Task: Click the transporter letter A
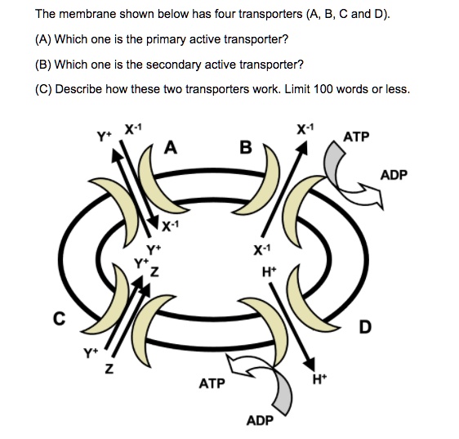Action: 169,148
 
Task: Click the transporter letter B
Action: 246,148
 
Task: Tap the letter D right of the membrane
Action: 364,328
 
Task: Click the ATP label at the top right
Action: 356,137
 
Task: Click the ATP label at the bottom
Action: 212,382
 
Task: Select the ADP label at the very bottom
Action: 259,420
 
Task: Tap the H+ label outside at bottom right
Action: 321,379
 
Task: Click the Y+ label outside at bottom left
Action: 88,353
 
